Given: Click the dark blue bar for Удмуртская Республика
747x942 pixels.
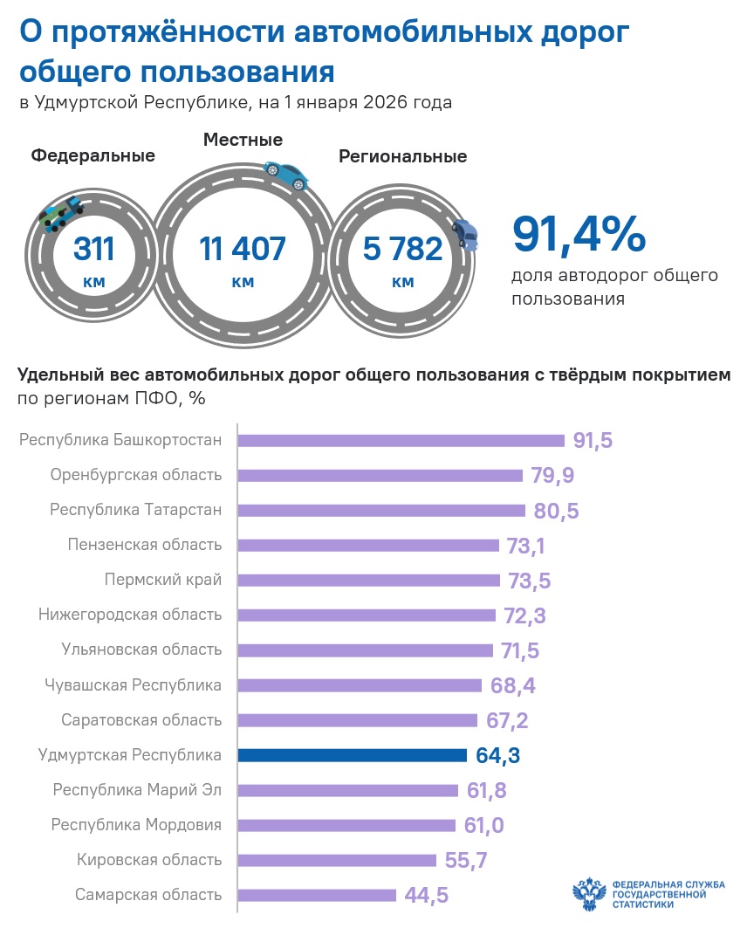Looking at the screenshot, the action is tap(352, 755).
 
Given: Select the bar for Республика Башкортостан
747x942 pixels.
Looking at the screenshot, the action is tap(401, 440).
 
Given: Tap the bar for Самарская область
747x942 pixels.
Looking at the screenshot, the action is tap(317, 895).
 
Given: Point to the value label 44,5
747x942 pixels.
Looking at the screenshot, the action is tap(427, 895).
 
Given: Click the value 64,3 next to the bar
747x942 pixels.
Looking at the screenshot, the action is tap(497, 755).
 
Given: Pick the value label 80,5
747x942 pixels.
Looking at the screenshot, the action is tap(556, 511).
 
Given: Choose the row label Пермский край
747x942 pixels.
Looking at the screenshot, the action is tap(163, 580).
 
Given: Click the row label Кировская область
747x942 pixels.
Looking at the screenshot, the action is tap(149, 860).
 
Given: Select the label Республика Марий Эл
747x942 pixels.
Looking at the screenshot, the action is tap(138, 789).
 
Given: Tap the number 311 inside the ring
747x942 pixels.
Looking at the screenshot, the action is tap(93, 249).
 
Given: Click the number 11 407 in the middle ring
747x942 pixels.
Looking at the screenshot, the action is tap(243, 249).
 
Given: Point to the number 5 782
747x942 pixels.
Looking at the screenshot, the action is tap(402, 249).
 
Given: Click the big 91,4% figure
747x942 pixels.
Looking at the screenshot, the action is tap(579, 234).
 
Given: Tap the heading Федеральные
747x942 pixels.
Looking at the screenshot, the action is tap(93, 155).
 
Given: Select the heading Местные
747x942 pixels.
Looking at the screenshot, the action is tap(243, 140).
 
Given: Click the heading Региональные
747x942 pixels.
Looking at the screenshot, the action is tap(403, 156).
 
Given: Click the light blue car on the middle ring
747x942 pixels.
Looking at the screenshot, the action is tap(286, 175).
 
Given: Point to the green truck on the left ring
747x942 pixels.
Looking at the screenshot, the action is tap(60, 214).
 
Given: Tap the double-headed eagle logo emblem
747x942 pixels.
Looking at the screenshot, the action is tap(589, 894).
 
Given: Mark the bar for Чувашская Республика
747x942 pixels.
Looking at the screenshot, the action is tap(360, 685).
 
